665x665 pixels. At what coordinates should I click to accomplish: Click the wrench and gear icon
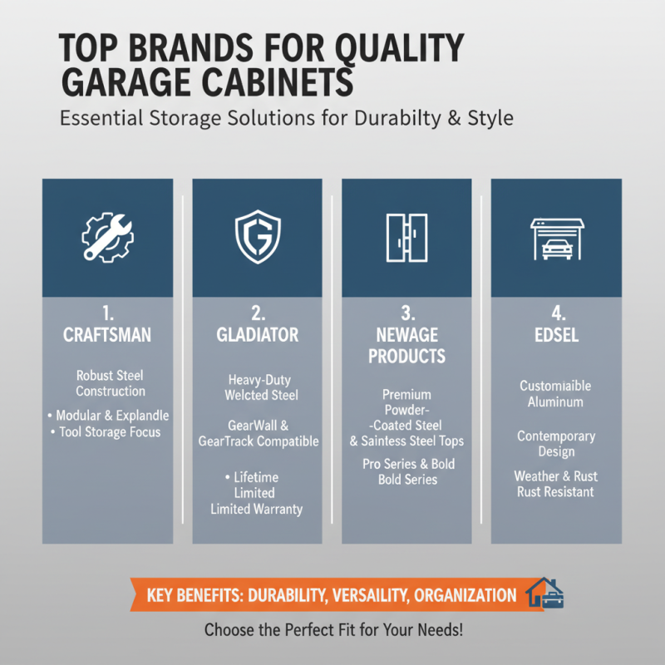click(x=108, y=238)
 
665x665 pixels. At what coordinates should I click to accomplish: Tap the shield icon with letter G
click(x=258, y=237)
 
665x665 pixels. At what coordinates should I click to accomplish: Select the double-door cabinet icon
click(x=406, y=238)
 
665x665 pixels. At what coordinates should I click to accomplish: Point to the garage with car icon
click(x=557, y=239)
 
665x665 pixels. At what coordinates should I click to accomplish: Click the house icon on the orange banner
click(x=545, y=593)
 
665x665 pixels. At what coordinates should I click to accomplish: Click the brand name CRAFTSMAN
click(x=107, y=335)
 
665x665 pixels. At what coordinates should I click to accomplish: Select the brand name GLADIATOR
click(x=258, y=335)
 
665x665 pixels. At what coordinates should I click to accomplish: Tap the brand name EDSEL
click(x=556, y=335)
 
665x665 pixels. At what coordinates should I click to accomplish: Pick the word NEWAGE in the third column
click(x=407, y=335)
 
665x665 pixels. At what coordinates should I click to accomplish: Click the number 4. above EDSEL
click(x=558, y=313)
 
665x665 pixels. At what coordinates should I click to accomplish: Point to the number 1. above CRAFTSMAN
click(x=108, y=313)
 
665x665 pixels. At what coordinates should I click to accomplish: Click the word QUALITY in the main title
click(x=399, y=48)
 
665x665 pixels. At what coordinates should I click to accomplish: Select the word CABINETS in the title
click(x=278, y=82)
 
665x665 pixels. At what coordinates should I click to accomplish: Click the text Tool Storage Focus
click(x=110, y=432)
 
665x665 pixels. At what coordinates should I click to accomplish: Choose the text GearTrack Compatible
click(x=259, y=441)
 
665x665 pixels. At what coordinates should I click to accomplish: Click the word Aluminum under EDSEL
click(x=555, y=401)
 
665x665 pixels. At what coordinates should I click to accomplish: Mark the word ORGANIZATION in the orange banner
click(x=465, y=595)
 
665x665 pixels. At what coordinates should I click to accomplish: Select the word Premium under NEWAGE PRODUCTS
click(x=406, y=395)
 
